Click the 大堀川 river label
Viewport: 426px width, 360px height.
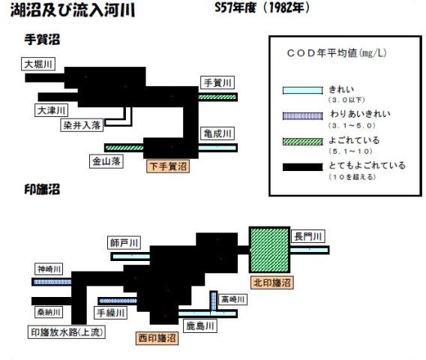38,64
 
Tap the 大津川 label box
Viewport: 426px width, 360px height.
51,110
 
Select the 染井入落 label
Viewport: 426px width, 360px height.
82,125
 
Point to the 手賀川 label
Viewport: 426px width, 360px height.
217,82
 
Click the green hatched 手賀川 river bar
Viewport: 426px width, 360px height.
217,97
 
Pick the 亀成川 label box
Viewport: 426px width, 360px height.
217,133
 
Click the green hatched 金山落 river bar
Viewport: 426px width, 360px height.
124,148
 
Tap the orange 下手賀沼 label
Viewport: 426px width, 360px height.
168,166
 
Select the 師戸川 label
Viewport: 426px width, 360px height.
124,242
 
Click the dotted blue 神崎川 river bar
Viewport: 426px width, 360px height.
52,282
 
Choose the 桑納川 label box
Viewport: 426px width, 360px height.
49,312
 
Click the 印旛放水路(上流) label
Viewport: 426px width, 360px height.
67,332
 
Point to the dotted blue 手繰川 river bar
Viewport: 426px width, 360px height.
118,301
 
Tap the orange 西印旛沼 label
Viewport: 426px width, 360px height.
157,338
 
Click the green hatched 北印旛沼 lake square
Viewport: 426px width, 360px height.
269,250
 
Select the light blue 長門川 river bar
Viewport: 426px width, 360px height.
310,250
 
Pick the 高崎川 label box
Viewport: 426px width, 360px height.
232,299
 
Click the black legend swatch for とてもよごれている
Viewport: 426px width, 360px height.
303,166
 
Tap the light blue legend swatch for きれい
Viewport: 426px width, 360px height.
303,90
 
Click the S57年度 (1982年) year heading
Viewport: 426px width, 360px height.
262,7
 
